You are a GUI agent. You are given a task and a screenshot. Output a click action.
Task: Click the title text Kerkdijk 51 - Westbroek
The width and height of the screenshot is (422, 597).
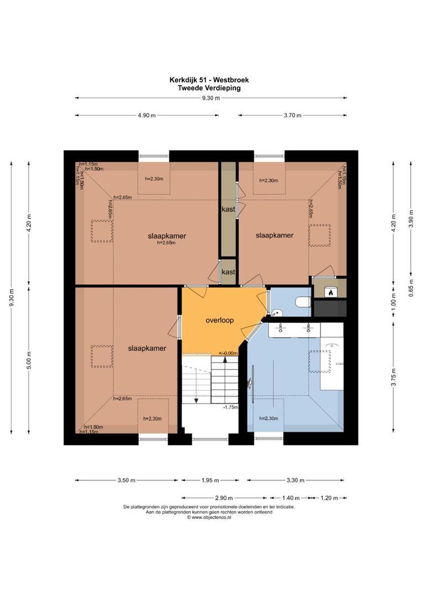tap(209, 80)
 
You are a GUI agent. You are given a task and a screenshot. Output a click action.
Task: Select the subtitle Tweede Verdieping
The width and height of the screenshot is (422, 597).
tap(209, 87)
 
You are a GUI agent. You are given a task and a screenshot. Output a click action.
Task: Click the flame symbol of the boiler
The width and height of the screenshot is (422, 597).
tap(330, 292)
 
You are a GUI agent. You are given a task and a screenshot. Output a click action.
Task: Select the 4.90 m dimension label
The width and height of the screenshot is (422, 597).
tap(146, 116)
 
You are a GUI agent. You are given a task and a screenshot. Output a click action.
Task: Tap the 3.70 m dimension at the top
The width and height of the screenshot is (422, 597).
tap(292, 116)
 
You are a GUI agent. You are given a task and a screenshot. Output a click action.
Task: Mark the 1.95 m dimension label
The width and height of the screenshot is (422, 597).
tap(209, 480)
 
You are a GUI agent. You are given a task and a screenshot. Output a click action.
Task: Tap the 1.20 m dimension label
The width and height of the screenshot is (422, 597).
tap(329, 498)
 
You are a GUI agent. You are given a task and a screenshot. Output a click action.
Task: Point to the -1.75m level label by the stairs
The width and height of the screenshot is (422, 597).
tap(230, 407)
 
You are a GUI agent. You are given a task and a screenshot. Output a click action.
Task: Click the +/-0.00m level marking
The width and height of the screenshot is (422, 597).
tap(228, 353)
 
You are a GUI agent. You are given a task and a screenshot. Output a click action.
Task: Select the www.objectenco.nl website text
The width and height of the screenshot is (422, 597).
tap(208, 518)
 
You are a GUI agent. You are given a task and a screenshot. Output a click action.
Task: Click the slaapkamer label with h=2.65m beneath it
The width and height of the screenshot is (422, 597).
tap(167, 236)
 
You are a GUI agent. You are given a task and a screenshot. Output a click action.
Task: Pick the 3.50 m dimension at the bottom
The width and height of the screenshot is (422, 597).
tap(126, 480)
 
